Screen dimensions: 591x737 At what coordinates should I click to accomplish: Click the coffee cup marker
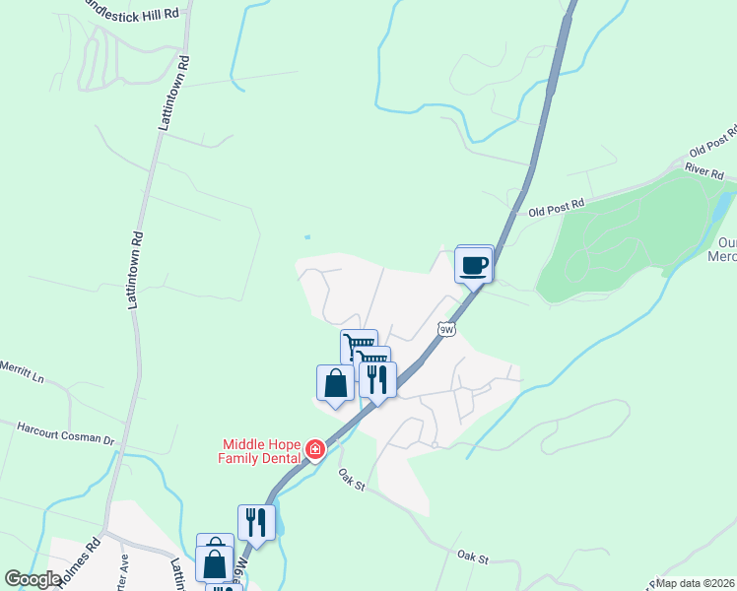coord(474,264)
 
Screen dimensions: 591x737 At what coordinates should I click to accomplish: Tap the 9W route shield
coord(446,330)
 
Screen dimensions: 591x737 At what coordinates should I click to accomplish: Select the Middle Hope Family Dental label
coord(260,450)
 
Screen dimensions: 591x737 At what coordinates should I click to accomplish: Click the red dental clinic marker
coord(315,450)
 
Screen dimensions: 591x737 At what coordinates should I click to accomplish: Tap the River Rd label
coord(704,172)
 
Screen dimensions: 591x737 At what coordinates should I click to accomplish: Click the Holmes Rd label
coord(80,560)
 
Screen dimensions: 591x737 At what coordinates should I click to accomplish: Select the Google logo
coord(33,579)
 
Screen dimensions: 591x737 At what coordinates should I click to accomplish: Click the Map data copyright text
coord(695,583)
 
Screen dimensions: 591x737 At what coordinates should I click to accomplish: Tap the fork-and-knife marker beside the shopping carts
coord(377,378)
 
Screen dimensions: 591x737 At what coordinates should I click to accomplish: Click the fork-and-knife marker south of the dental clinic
coord(256,521)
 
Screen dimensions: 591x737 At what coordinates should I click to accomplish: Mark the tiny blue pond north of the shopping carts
coord(307,237)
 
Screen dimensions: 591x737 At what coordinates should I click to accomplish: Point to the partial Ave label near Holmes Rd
coord(123,569)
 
